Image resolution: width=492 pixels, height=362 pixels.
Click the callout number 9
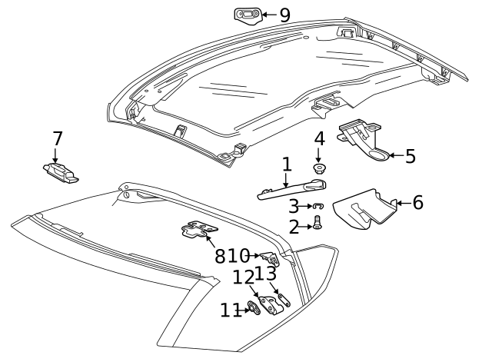[x=284, y=14]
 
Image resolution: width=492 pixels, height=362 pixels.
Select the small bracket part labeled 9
[x=247, y=15]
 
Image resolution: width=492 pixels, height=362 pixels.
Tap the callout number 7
[x=57, y=138]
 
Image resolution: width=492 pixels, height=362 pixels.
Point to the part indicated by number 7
[x=62, y=173]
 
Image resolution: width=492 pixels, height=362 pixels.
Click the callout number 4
[x=319, y=139]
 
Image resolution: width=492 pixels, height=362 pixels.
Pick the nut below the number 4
[x=318, y=167]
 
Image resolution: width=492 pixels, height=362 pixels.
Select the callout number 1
[x=287, y=164]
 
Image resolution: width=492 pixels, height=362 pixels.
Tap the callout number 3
[x=294, y=206]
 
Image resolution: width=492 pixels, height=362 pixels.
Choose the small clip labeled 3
[x=318, y=206]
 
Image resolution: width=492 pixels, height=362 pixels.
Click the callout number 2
[x=294, y=226]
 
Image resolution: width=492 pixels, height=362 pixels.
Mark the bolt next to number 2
[x=317, y=225]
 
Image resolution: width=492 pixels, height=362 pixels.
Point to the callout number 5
[x=410, y=156]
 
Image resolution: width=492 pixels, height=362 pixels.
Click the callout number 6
[x=417, y=203]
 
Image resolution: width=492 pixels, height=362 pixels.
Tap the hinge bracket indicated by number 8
[x=199, y=230]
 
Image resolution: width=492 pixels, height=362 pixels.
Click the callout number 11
[x=230, y=310]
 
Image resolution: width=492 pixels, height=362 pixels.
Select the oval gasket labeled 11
[x=252, y=310]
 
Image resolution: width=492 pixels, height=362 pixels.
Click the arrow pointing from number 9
[x=266, y=15]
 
